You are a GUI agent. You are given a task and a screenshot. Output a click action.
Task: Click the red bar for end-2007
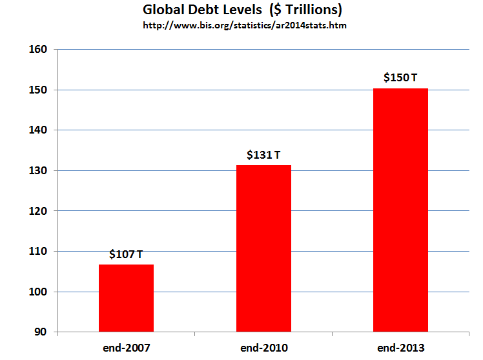pyautogui.click(x=126, y=298)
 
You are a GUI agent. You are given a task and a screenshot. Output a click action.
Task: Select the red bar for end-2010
pyautogui.click(x=263, y=248)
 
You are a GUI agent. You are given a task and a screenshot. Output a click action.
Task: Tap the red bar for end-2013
pyautogui.click(x=400, y=210)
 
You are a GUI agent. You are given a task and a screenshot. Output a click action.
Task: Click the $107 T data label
pyautogui.click(x=126, y=254)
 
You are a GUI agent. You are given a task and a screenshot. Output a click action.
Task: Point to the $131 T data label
pyautogui.click(x=263, y=155)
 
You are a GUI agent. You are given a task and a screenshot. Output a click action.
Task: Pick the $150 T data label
pyautogui.click(x=400, y=77)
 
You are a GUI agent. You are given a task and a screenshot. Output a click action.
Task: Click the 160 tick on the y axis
pyautogui.click(x=38, y=49)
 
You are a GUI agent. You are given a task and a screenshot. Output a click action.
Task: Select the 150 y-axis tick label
pyautogui.click(x=38, y=90)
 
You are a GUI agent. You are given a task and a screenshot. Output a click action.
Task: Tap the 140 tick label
pyautogui.click(x=38, y=130)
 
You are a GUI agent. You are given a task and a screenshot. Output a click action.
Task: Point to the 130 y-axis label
pyautogui.click(x=38, y=170)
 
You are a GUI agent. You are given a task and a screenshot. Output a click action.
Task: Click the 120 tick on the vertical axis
pyautogui.click(x=38, y=211)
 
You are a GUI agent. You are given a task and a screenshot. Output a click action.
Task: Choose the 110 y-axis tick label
pyautogui.click(x=38, y=251)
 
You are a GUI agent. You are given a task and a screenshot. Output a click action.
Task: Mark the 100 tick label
pyautogui.click(x=38, y=292)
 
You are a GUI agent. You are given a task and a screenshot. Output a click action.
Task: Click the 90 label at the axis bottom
pyautogui.click(x=41, y=332)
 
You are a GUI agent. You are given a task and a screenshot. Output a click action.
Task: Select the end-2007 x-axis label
pyautogui.click(x=127, y=348)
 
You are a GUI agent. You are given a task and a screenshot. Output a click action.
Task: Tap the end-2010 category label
pyautogui.click(x=264, y=348)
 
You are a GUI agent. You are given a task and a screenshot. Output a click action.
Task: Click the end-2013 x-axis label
pyautogui.click(x=401, y=348)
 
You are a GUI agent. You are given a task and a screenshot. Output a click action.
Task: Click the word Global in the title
pyautogui.click(x=163, y=10)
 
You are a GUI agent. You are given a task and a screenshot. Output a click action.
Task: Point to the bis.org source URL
pyautogui.click(x=245, y=25)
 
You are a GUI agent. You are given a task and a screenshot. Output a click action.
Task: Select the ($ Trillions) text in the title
pyautogui.click(x=305, y=10)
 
